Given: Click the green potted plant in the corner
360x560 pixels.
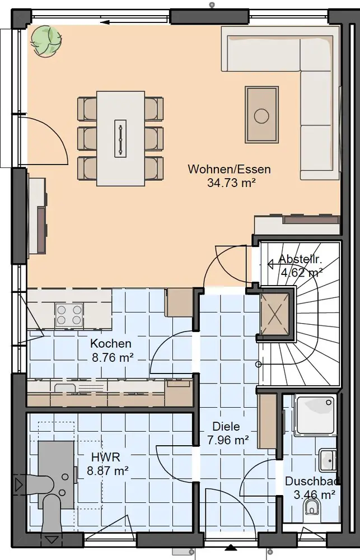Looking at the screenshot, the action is tap(45, 40).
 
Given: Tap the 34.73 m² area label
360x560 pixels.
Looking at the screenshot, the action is tap(231, 183).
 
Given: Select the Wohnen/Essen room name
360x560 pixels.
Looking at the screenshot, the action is tap(230, 169).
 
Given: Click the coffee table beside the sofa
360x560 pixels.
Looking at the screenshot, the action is tap(261, 115).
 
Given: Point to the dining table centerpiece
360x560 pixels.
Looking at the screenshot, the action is tap(121, 138).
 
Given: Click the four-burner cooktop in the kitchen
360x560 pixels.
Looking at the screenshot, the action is tap(69, 315).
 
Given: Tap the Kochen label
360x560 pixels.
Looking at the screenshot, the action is tap(111, 344).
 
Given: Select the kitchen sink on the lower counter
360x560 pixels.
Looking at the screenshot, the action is tap(64, 387).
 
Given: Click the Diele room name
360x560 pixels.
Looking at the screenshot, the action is tap(226, 426).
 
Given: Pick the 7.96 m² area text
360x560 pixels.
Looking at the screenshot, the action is tap(228, 440).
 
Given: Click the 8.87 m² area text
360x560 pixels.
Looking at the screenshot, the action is tap(108, 471).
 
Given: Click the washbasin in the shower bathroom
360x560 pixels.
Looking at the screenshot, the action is tap(328, 460).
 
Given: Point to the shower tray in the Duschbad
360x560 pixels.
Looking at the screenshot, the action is tap(315, 416).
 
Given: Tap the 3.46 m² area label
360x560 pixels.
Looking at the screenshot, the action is tap(314, 494).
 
